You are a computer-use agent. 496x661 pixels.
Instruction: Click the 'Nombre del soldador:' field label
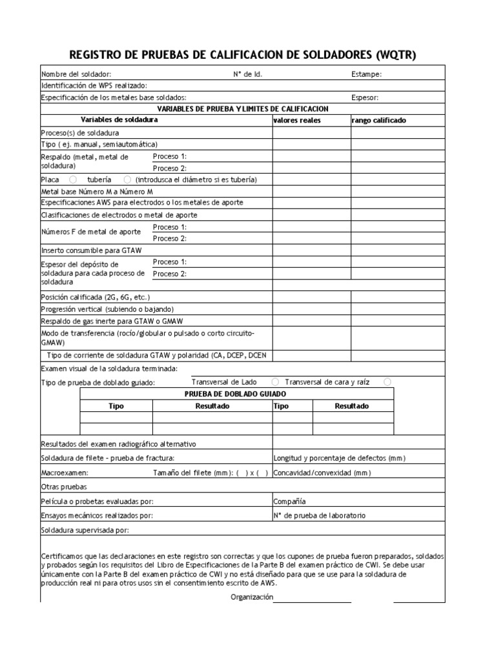[76, 74]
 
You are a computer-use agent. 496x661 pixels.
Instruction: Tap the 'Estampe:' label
[366, 74]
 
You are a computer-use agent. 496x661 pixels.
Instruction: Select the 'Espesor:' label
[364, 97]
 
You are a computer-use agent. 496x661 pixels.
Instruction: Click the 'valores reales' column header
[297, 121]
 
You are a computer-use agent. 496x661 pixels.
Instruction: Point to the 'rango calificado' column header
[379, 121]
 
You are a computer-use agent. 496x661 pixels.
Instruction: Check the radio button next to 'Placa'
[73, 179]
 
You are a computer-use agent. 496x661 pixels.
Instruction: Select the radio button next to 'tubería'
[127, 179]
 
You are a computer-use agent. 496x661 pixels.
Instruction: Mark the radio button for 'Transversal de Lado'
[276, 382]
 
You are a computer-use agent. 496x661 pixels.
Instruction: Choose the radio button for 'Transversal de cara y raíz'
[387, 382]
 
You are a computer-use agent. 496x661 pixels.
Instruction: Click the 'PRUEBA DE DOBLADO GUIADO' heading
[235, 394]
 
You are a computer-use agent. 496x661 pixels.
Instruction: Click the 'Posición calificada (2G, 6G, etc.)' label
[95, 297]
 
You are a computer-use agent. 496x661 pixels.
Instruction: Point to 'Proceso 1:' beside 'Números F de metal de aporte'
[169, 227]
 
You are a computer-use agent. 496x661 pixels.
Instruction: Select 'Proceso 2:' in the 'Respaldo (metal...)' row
[169, 168]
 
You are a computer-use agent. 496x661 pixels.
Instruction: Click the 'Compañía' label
[289, 501]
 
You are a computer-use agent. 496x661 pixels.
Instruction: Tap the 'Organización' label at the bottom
[252, 598]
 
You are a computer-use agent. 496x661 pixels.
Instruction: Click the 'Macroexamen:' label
[60, 473]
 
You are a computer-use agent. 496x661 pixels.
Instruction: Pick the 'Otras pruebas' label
[63, 487]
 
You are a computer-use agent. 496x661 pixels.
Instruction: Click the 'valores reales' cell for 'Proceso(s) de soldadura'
[311, 132]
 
